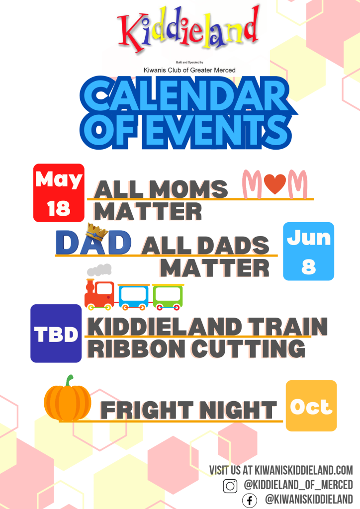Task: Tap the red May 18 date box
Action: pos(59,193)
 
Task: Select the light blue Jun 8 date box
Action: pos(308,251)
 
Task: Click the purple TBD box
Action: pos(56,334)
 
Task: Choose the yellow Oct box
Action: pos(311,406)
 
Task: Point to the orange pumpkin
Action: pos(68,399)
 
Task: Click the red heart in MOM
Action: pos(274,183)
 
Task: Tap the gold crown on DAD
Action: pos(97,231)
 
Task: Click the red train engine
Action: pos(99,294)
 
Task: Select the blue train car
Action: pos(133,296)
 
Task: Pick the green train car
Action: pos(168,296)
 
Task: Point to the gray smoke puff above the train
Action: pos(99,270)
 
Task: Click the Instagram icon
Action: pos(230,486)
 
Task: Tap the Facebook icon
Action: pos(249,500)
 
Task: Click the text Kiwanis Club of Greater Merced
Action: pos(189,70)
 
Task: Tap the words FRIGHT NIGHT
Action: pos(188,410)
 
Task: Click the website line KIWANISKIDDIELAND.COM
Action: pos(303,470)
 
